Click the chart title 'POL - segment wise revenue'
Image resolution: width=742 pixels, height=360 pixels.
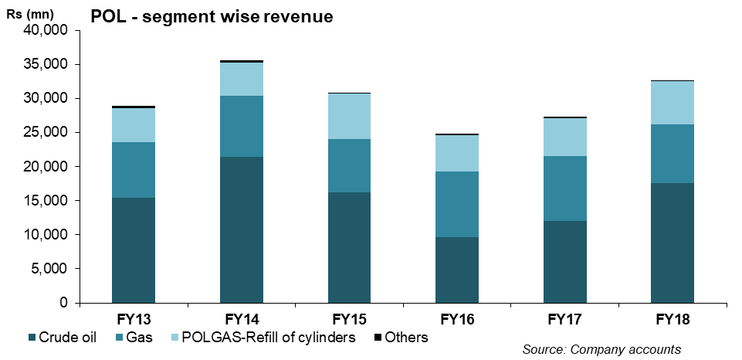[x=212, y=16]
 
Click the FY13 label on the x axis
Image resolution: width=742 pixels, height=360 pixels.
[x=133, y=319]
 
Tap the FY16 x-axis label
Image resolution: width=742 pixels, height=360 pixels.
[x=457, y=319]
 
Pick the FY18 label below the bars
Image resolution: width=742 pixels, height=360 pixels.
[x=673, y=319]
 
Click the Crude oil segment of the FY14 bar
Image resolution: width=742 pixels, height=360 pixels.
[x=241, y=229]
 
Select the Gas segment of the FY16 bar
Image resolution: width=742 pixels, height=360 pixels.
[x=457, y=204]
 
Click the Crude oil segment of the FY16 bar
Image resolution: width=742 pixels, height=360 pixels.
[x=457, y=270]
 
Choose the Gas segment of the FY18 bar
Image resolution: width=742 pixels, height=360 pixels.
[x=673, y=154]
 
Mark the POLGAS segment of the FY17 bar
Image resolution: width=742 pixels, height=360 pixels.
[x=564, y=137]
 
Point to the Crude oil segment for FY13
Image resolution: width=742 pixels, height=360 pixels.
[x=133, y=250]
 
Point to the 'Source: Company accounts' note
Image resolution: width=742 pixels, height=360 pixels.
[x=601, y=350]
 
